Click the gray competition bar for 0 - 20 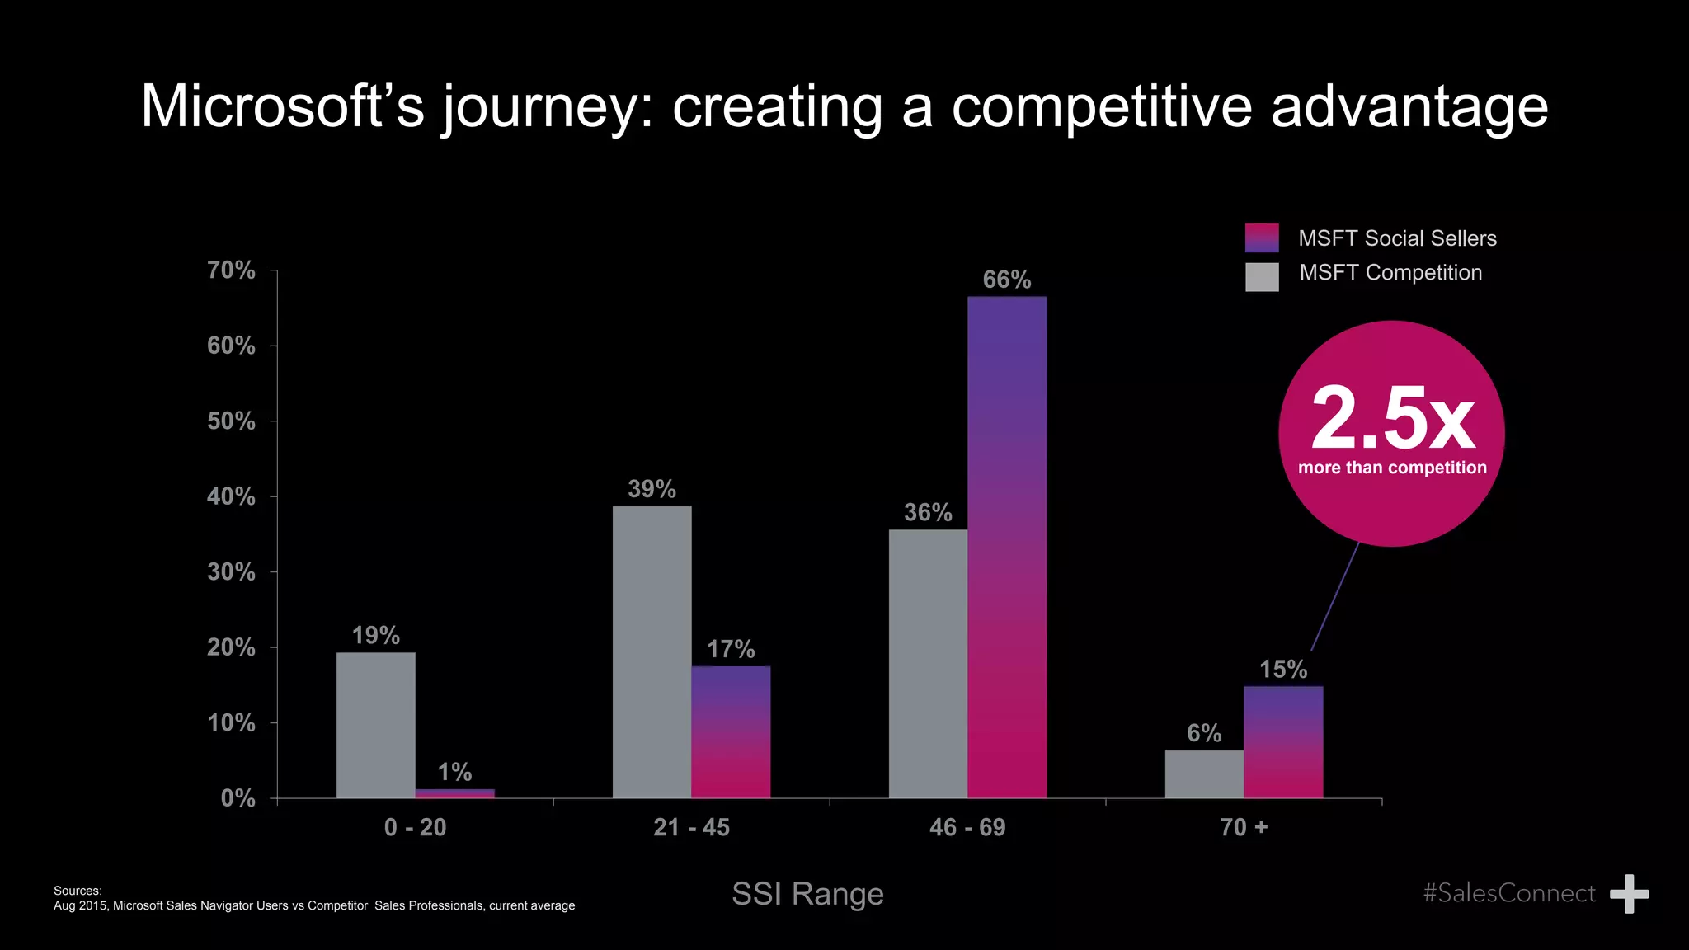376,726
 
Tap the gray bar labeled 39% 652,651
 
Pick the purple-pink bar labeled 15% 1283,742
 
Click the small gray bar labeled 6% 1204,774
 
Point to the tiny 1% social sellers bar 454,793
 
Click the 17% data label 731,649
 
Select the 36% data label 928,512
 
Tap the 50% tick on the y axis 232,421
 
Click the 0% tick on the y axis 238,798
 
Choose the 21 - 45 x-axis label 691,827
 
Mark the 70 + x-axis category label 1244,827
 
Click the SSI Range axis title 807,894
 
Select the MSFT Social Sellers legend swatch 1262,238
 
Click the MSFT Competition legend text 1390,273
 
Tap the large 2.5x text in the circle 1392,419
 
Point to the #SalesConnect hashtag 1509,893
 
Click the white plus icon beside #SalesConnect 1629,894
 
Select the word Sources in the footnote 77,891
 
